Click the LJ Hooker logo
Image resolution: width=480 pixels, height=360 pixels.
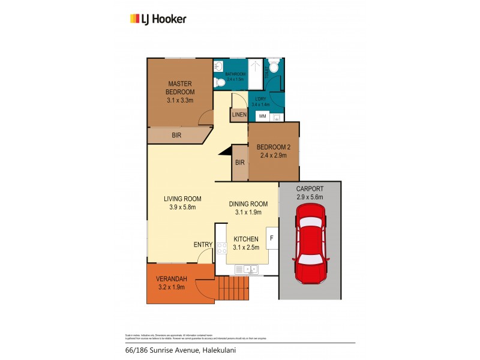pos(158,19)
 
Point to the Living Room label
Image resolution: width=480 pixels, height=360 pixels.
pos(182,203)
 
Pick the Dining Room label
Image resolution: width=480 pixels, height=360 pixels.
pos(247,208)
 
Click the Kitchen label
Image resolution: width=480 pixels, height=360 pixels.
pos(246,242)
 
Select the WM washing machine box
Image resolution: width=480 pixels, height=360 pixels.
pos(262,116)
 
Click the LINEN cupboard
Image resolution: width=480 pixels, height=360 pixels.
pos(238,115)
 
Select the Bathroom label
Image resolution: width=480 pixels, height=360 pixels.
pos(235,76)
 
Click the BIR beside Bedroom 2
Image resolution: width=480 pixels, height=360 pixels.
pos(239,163)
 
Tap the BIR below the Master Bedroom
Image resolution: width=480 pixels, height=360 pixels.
pos(176,136)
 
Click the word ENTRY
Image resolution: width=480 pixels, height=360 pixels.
pos(202,244)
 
